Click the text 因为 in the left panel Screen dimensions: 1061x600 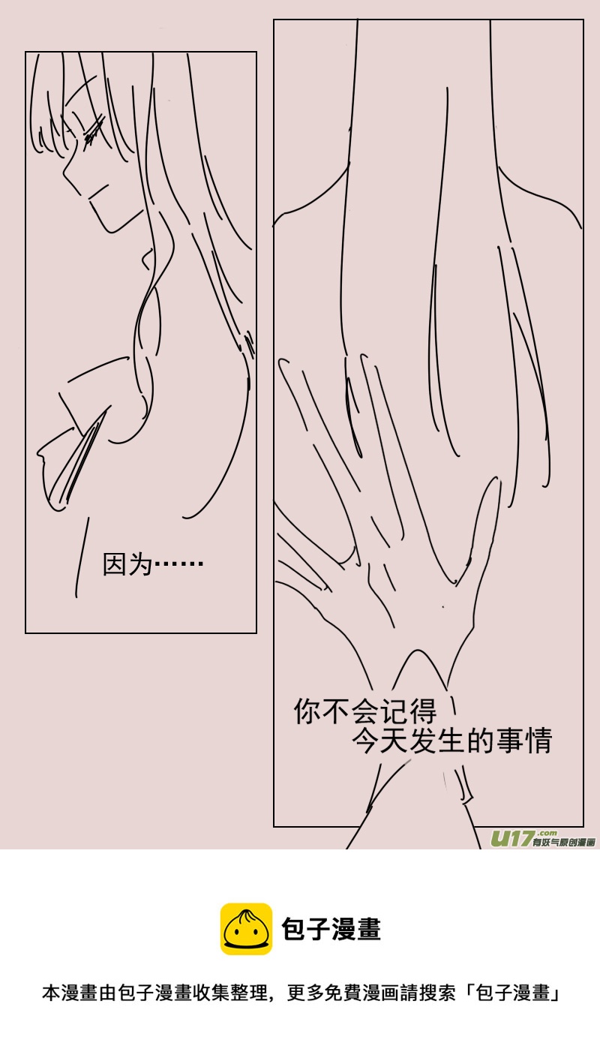tap(127, 564)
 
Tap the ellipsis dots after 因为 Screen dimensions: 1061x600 tap(178, 564)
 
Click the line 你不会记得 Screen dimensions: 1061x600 tap(364, 711)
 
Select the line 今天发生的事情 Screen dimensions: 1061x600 tap(452, 741)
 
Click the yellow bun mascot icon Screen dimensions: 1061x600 tap(246, 929)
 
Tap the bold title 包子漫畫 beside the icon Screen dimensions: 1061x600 tap(331, 929)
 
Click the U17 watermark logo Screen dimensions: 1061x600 tap(512, 838)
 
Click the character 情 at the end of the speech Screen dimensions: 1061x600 tap(539, 741)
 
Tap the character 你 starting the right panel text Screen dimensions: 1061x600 tap(307, 711)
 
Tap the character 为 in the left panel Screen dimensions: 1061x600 tap(140, 564)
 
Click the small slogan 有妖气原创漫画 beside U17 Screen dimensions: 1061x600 tap(564, 843)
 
